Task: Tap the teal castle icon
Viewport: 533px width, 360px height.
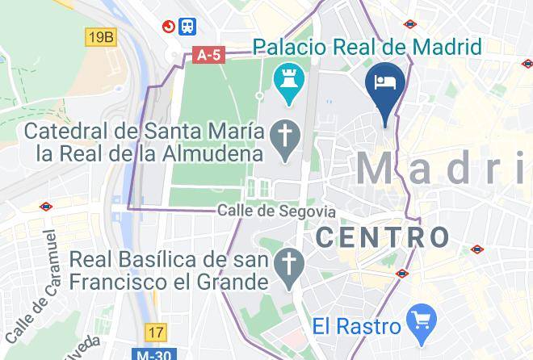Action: (x=286, y=83)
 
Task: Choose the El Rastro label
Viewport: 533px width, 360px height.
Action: (x=357, y=326)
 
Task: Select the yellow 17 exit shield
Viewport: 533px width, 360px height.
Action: (x=155, y=332)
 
